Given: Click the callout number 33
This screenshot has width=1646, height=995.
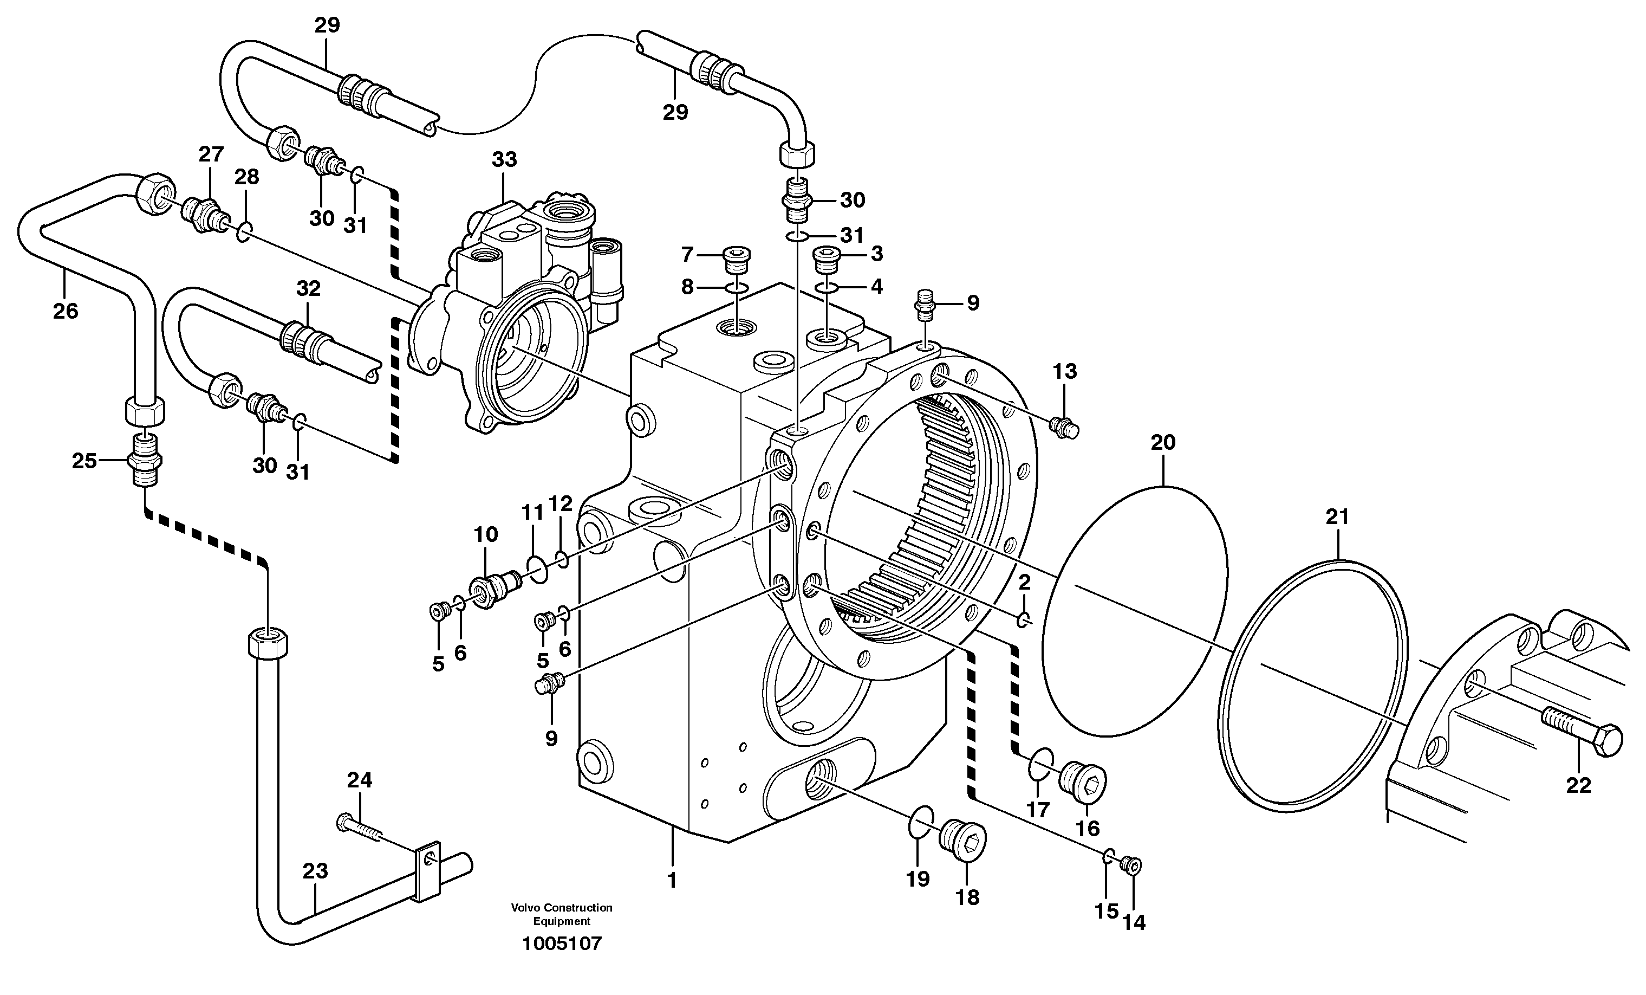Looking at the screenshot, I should pyautogui.click(x=504, y=160).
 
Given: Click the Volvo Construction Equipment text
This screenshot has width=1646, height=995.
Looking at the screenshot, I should pyautogui.click(x=562, y=914).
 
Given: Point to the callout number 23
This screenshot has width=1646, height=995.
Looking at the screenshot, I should pyautogui.click(x=315, y=871).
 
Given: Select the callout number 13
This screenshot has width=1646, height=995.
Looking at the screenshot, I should pyautogui.click(x=1065, y=372).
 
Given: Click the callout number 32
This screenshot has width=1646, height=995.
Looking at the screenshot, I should pyautogui.click(x=308, y=289).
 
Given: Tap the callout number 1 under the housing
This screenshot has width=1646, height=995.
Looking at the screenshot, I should pyautogui.click(x=672, y=880).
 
